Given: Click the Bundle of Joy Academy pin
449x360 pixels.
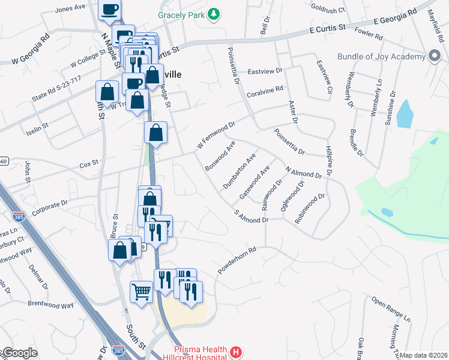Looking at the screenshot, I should click(x=435, y=56).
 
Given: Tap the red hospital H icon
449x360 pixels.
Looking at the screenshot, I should click(x=237, y=352).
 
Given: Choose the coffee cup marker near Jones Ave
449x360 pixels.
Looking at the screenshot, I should click(x=110, y=9).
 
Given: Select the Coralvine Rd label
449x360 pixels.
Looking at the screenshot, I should click(x=265, y=92).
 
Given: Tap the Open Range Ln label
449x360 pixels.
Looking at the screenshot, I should click(x=390, y=307).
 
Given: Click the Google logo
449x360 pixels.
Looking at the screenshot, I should click(x=20, y=353).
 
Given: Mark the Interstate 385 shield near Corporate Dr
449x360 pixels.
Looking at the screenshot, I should click(x=20, y=217).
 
